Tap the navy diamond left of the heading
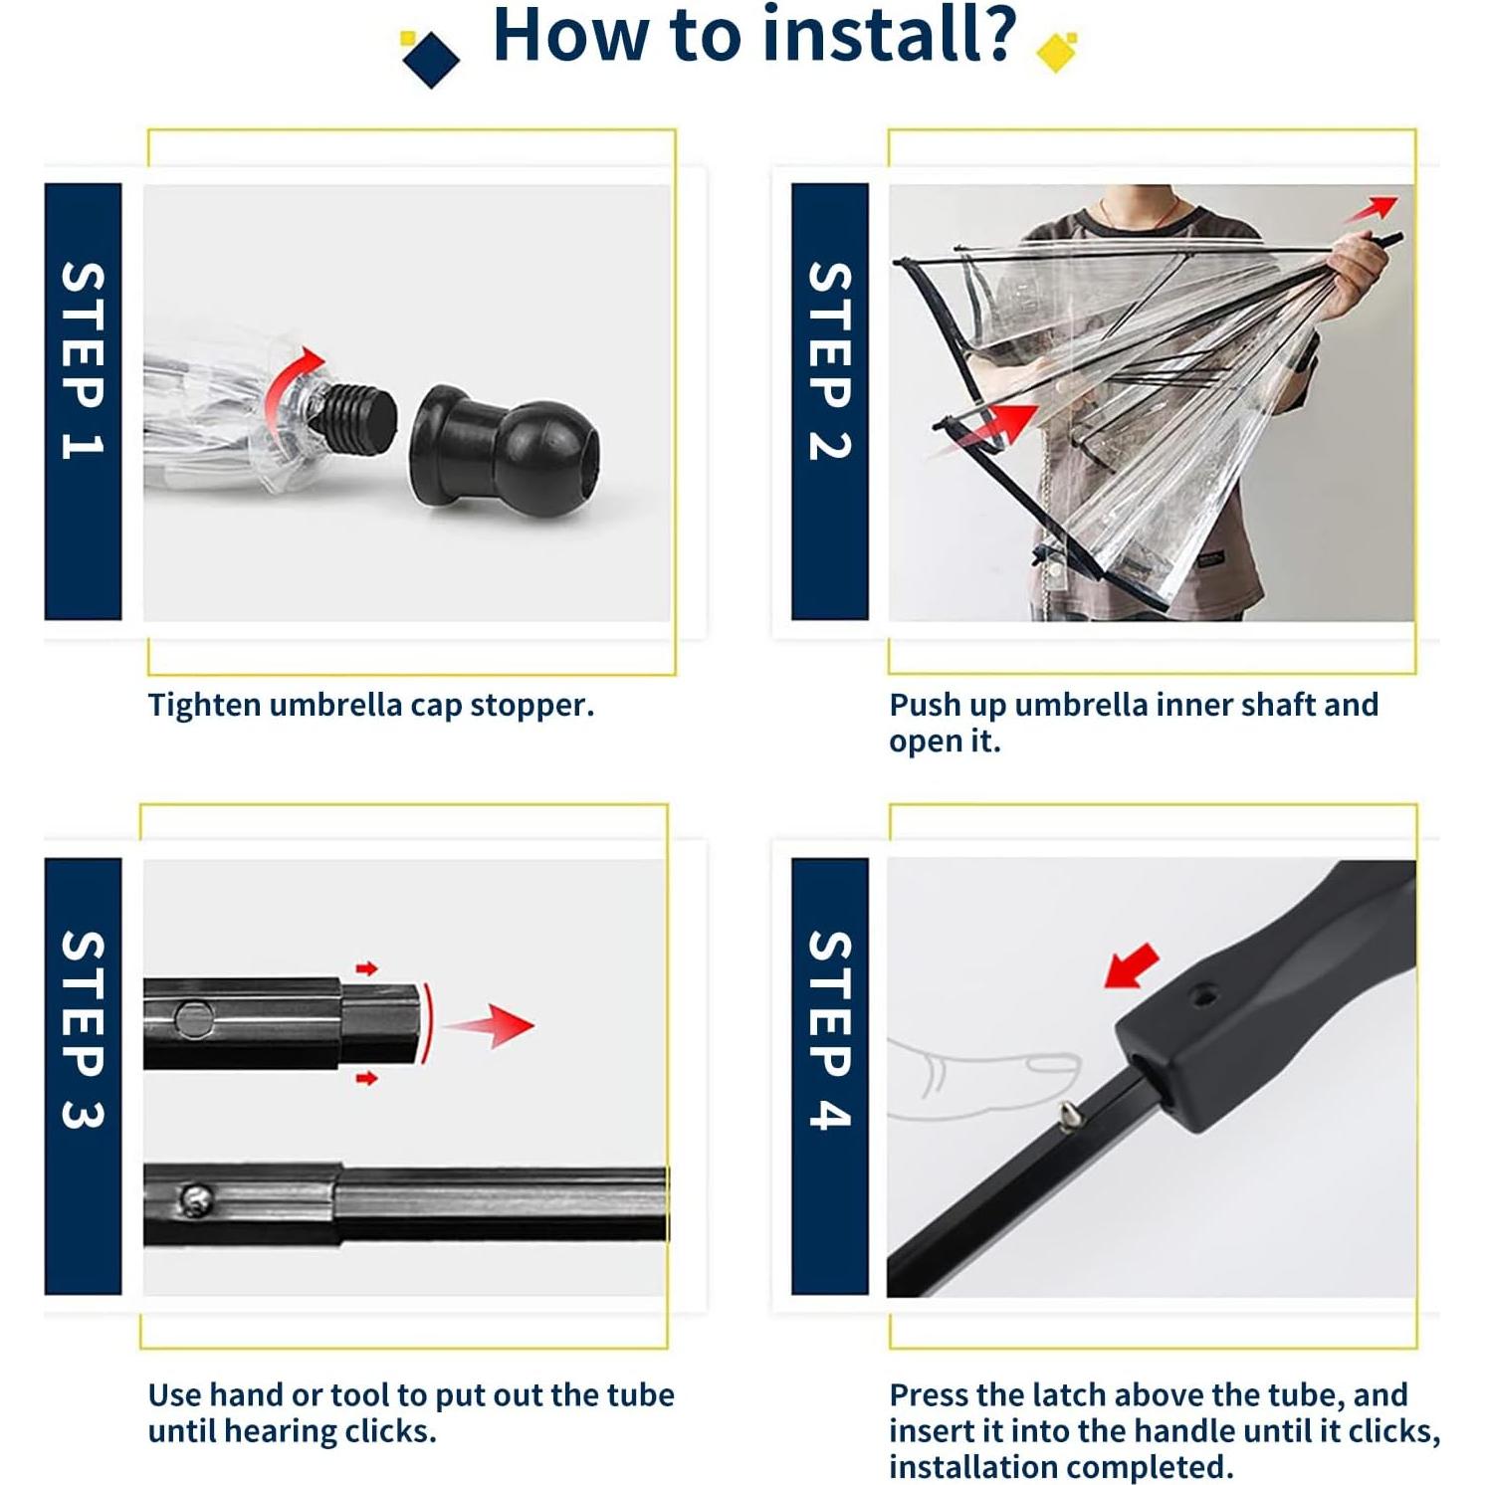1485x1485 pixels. tap(431, 59)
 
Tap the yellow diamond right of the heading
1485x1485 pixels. tap(1057, 51)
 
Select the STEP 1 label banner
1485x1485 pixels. tap(83, 401)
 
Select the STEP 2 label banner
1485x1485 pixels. tap(830, 401)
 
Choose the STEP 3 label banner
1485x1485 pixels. tap(83, 1076)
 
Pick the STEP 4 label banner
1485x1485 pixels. tap(830, 1076)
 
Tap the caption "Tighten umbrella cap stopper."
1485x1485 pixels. tap(371, 705)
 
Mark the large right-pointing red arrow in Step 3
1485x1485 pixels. tap(489, 1025)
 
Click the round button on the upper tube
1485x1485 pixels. tap(193, 1019)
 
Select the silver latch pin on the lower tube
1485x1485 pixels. tap(195, 1199)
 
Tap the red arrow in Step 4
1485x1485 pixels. tap(1132, 965)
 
